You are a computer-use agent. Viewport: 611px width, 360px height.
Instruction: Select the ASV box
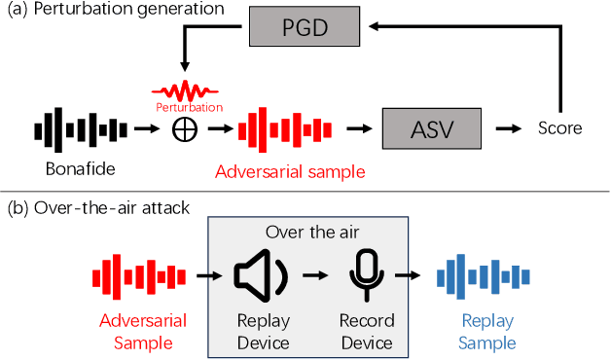[431, 127]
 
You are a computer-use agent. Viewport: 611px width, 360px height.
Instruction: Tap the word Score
[560, 127]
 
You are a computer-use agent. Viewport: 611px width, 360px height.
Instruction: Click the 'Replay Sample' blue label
[488, 331]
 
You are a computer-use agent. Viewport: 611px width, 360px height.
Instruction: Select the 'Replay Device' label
[264, 331]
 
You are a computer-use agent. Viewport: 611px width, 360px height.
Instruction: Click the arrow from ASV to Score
[507, 127]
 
